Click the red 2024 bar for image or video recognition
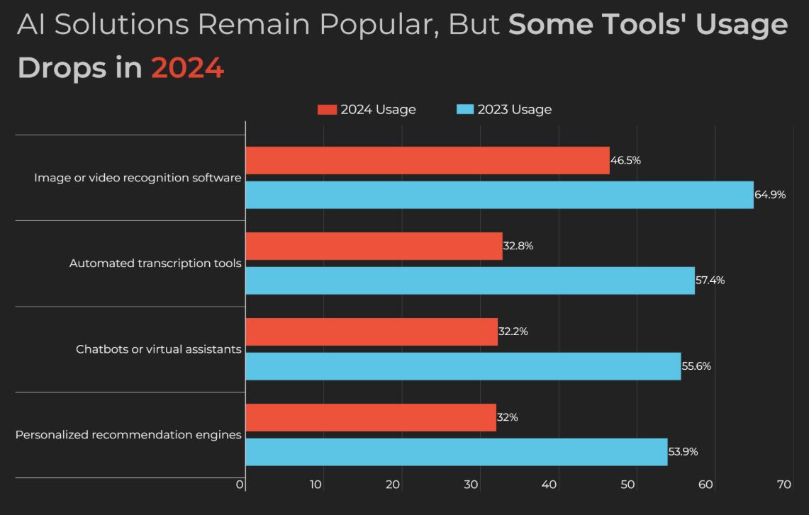(x=428, y=161)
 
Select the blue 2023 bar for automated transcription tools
(x=470, y=281)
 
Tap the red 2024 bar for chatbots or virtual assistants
(x=372, y=332)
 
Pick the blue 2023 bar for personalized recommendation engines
(x=457, y=452)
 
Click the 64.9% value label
(x=770, y=195)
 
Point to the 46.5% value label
(x=625, y=161)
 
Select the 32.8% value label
(x=518, y=247)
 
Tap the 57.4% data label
(x=710, y=281)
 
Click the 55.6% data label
(x=696, y=366)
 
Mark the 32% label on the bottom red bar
(x=508, y=418)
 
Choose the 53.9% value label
(x=683, y=452)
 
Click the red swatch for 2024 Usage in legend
(x=327, y=110)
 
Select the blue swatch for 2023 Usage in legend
(x=464, y=110)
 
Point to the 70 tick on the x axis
(x=783, y=485)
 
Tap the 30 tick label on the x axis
(x=472, y=485)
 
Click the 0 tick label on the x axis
(x=240, y=485)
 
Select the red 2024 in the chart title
(x=187, y=68)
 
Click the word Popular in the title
(x=375, y=25)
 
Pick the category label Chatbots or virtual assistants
(x=159, y=349)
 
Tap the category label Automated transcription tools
(x=155, y=264)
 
